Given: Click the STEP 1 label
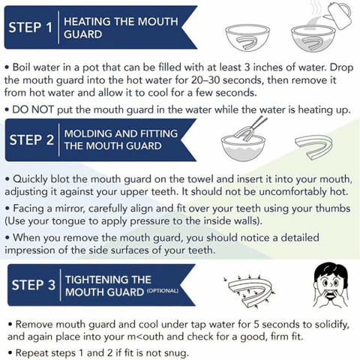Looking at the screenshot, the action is point(31,27).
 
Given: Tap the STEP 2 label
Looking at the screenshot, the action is point(31,139).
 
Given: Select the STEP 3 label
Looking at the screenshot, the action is point(34,285).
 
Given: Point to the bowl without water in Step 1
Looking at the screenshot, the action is point(247,37).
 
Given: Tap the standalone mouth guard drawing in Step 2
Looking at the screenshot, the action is point(313,147).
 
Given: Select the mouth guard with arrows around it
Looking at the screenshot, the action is point(250,290).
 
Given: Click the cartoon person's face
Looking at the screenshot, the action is point(330,285).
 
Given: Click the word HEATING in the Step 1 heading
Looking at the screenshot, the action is point(88,22).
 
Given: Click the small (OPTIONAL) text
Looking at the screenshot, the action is point(163,291).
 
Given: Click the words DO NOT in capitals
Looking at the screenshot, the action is point(33,109).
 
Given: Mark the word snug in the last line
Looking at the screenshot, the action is point(175,353).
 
